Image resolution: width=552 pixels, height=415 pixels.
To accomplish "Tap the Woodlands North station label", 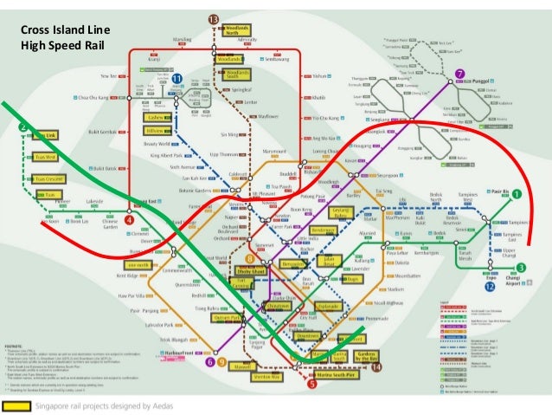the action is pyautogui.click(x=238, y=30).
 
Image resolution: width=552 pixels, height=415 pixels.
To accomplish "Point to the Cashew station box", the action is pyautogui.click(x=157, y=117).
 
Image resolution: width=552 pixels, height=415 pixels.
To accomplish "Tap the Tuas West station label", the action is pyautogui.click(x=46, y=157).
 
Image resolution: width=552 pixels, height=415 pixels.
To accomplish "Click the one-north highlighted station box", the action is pyautogui.click(x=137, y=264).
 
